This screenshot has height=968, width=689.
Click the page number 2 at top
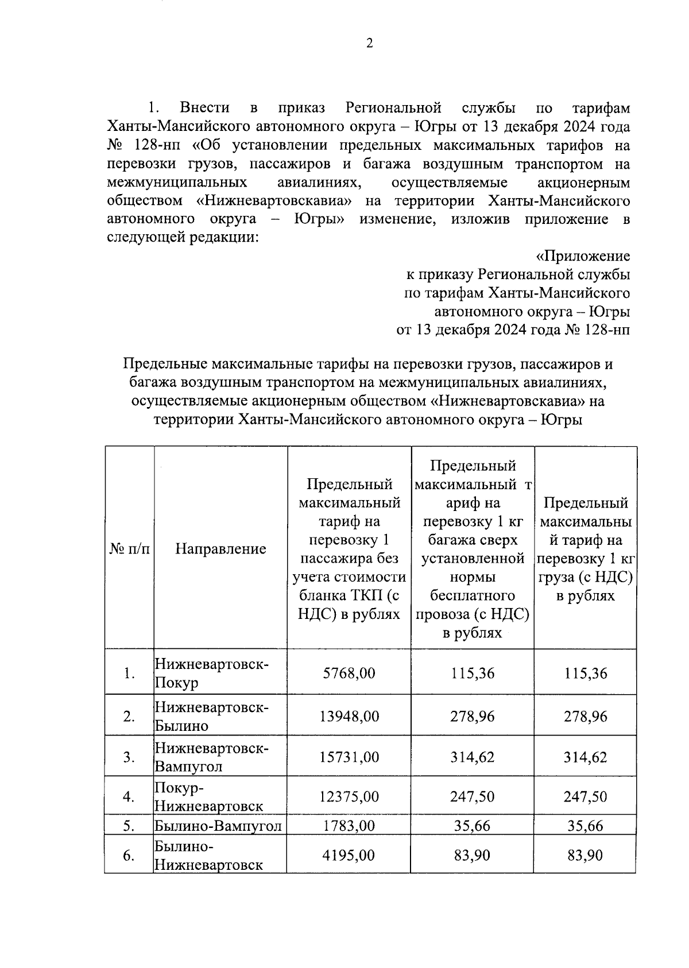pos(369,44)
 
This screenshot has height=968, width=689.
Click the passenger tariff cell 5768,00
pos(349,673)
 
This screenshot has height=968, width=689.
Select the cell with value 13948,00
pos(349,716)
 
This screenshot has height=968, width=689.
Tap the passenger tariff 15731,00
pos(349,757)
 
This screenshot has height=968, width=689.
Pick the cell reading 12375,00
pos(349,796)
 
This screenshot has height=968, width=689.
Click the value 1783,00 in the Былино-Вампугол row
pos(349,826)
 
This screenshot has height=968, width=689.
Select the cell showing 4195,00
pos(349,855)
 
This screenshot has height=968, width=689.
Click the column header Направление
pos(220,548)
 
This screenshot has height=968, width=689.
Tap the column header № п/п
pos(129,548)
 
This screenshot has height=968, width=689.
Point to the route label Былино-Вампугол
pos(218,826)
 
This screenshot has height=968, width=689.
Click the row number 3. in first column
pos(129,757)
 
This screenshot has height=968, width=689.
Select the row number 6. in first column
pos(129,855)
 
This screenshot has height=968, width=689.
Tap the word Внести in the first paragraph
pos(204,107)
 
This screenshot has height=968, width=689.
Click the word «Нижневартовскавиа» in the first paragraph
pos(274,201)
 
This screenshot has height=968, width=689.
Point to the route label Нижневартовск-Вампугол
pos(211,757)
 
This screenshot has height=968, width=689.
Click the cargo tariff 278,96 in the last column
pos(585,716)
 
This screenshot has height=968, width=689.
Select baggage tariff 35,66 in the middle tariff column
pos(472,826)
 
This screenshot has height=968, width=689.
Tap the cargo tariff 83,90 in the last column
pos(585,855)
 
